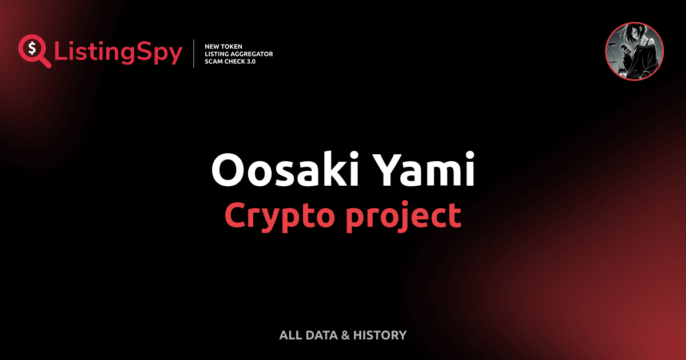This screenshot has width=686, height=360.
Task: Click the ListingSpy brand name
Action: click(x=118, y=53)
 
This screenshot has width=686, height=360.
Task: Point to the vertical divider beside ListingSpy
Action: click(x=195, y=54)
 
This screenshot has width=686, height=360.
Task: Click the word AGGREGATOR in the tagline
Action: click(x=252, y=54)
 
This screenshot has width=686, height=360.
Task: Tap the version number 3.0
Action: click(x=250, y=61)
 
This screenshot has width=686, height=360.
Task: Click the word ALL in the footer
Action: click(x=289, y=335)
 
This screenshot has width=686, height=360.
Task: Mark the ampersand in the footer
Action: click(x=345, y=335)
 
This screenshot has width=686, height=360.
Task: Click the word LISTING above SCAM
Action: click(x=217, y=54)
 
